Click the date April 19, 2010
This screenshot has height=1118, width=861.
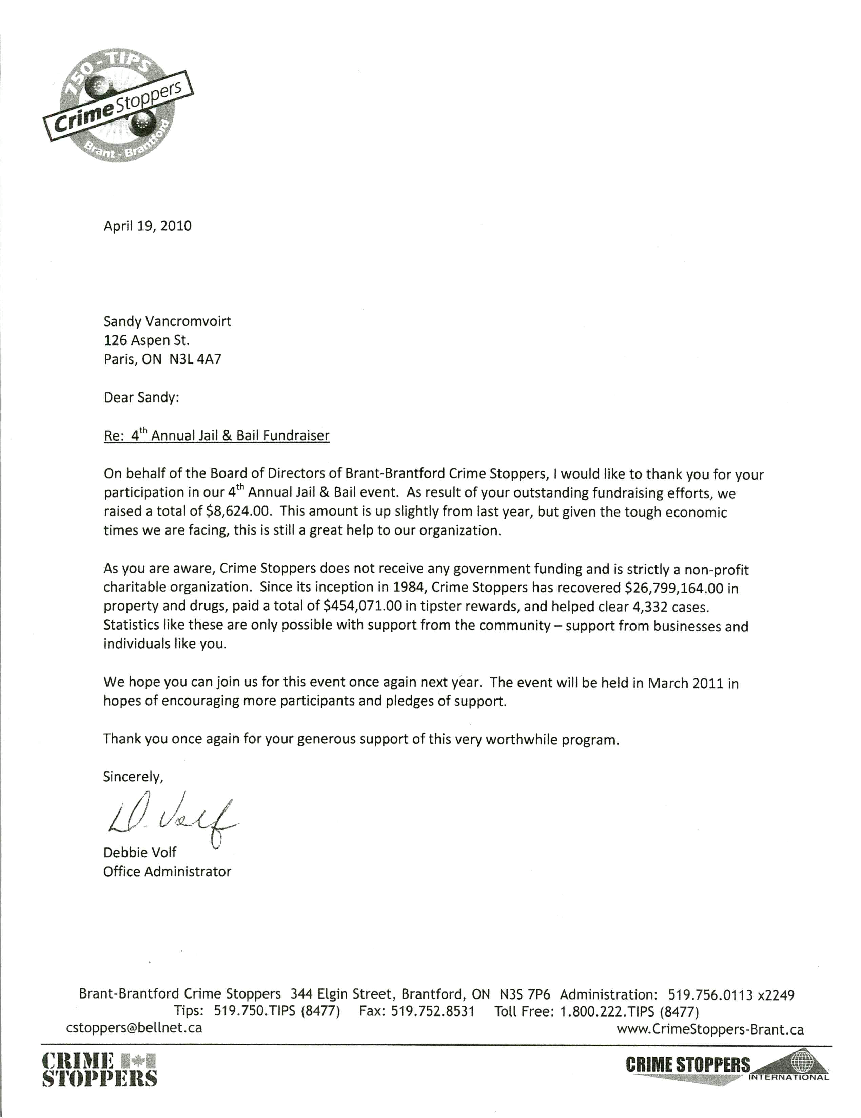[x=147, y=226]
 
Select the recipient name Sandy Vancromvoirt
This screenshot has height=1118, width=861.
[x=167, y=321]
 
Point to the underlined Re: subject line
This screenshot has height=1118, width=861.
[x=216, y=436]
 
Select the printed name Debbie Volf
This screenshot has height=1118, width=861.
[x=140, y=852]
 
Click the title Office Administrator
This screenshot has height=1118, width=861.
[x=167, y=871]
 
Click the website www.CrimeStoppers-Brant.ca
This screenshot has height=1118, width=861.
[x=709, y=1029]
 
